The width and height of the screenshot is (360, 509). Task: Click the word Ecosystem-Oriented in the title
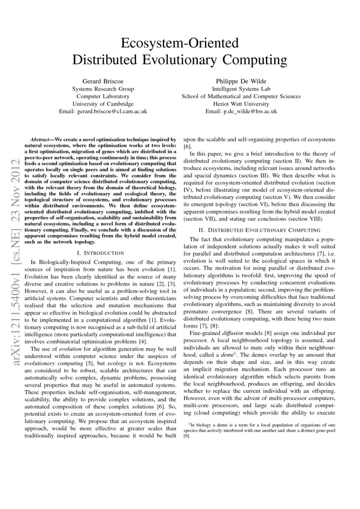(x=180, y=43)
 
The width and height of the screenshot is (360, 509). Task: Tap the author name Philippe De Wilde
(x=241, y=81)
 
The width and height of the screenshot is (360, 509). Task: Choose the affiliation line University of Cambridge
(x=103, y=104)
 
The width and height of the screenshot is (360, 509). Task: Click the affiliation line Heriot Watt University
(x=241, y=104)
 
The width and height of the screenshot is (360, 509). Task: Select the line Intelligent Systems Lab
(x=241, y=89)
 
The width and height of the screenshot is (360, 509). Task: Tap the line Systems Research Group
(x=103, y=89)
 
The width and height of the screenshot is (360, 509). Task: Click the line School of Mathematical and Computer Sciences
(x=241, y=96)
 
